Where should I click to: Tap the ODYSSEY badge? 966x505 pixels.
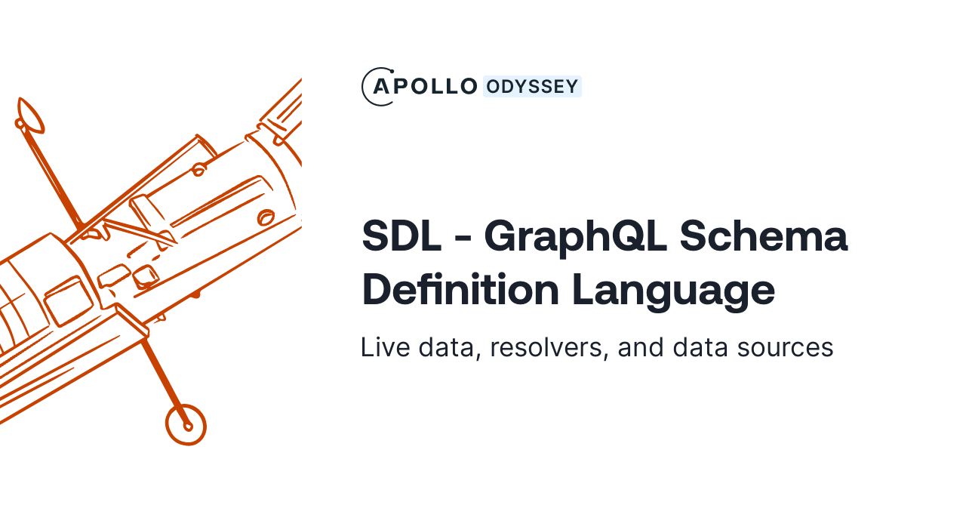point(532,87)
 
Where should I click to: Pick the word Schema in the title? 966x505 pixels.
point(763,236)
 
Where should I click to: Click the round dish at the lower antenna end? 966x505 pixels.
point(186,424)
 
